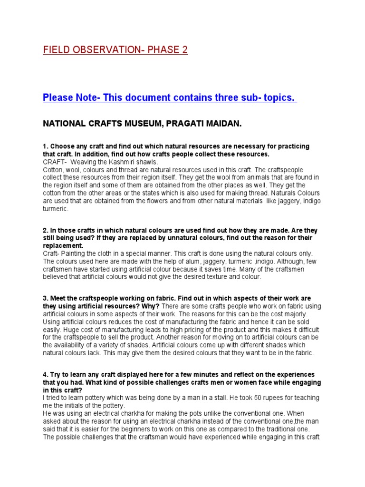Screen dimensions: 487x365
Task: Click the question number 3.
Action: tap(45, 298)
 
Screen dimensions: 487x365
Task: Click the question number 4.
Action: tap(45, 375)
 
